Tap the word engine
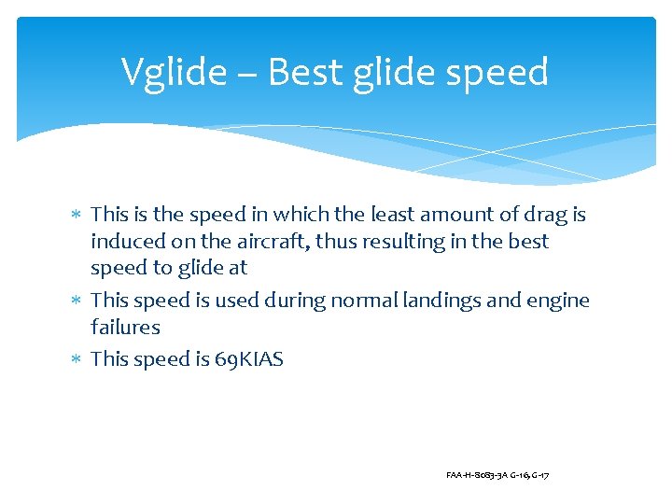[x=557, y=301]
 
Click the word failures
[x=125, y=327]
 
